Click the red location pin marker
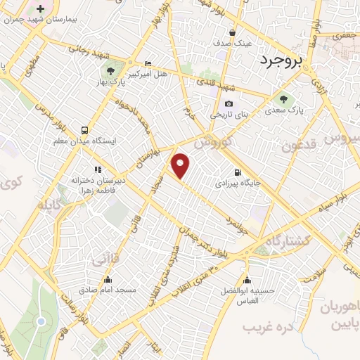(181, 165)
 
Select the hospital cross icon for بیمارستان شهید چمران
(40, 9)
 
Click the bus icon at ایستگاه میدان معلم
(85, 130)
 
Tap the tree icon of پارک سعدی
(284, 98)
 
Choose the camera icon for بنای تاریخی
(229, 104)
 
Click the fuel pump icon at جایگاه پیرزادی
(238, 173)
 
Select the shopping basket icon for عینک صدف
(233, 32)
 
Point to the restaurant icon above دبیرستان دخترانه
(98, 169)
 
